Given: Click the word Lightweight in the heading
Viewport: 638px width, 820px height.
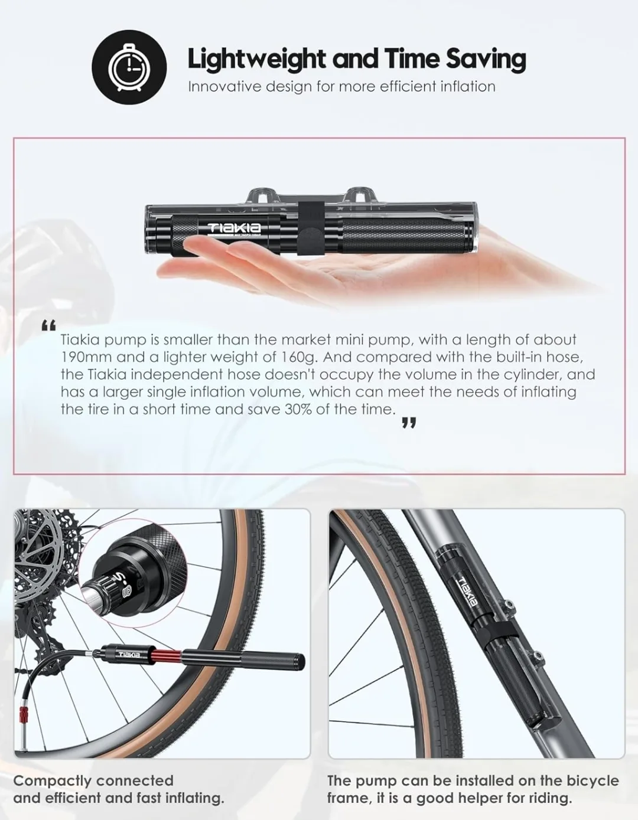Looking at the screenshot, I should pyautogui.click(x=256, y=59).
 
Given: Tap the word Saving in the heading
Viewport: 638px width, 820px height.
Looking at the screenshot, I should pyautogui.click(x=485, y=59).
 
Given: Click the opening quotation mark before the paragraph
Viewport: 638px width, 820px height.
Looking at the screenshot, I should pyautogui.click(x=48, y=325).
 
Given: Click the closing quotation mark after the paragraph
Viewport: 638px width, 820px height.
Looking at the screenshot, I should pyautogui.click(x=409, y=423).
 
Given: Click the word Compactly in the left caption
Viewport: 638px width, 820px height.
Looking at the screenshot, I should pyautogui.click(x=52, y=781).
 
